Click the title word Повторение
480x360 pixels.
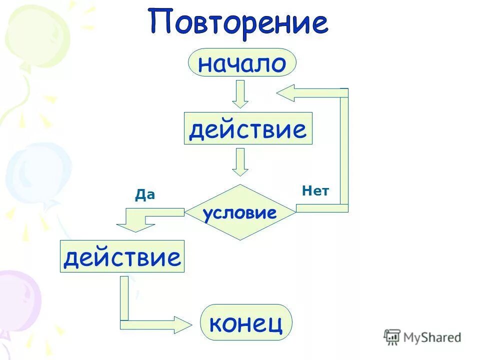point(238,22)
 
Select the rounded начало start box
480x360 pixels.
point(242,62)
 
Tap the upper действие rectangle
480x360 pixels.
point(248,129)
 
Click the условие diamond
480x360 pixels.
point(240,212)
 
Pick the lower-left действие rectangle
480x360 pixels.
point(122,256)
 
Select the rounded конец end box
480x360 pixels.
point(246,322)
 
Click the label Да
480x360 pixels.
point(144,195)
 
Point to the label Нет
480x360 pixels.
point(315,190)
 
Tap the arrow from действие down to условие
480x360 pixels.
point(240,162)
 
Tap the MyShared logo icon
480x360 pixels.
point(392,337)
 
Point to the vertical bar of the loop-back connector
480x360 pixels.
point(344,150)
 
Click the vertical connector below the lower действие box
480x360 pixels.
point(124,297)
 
